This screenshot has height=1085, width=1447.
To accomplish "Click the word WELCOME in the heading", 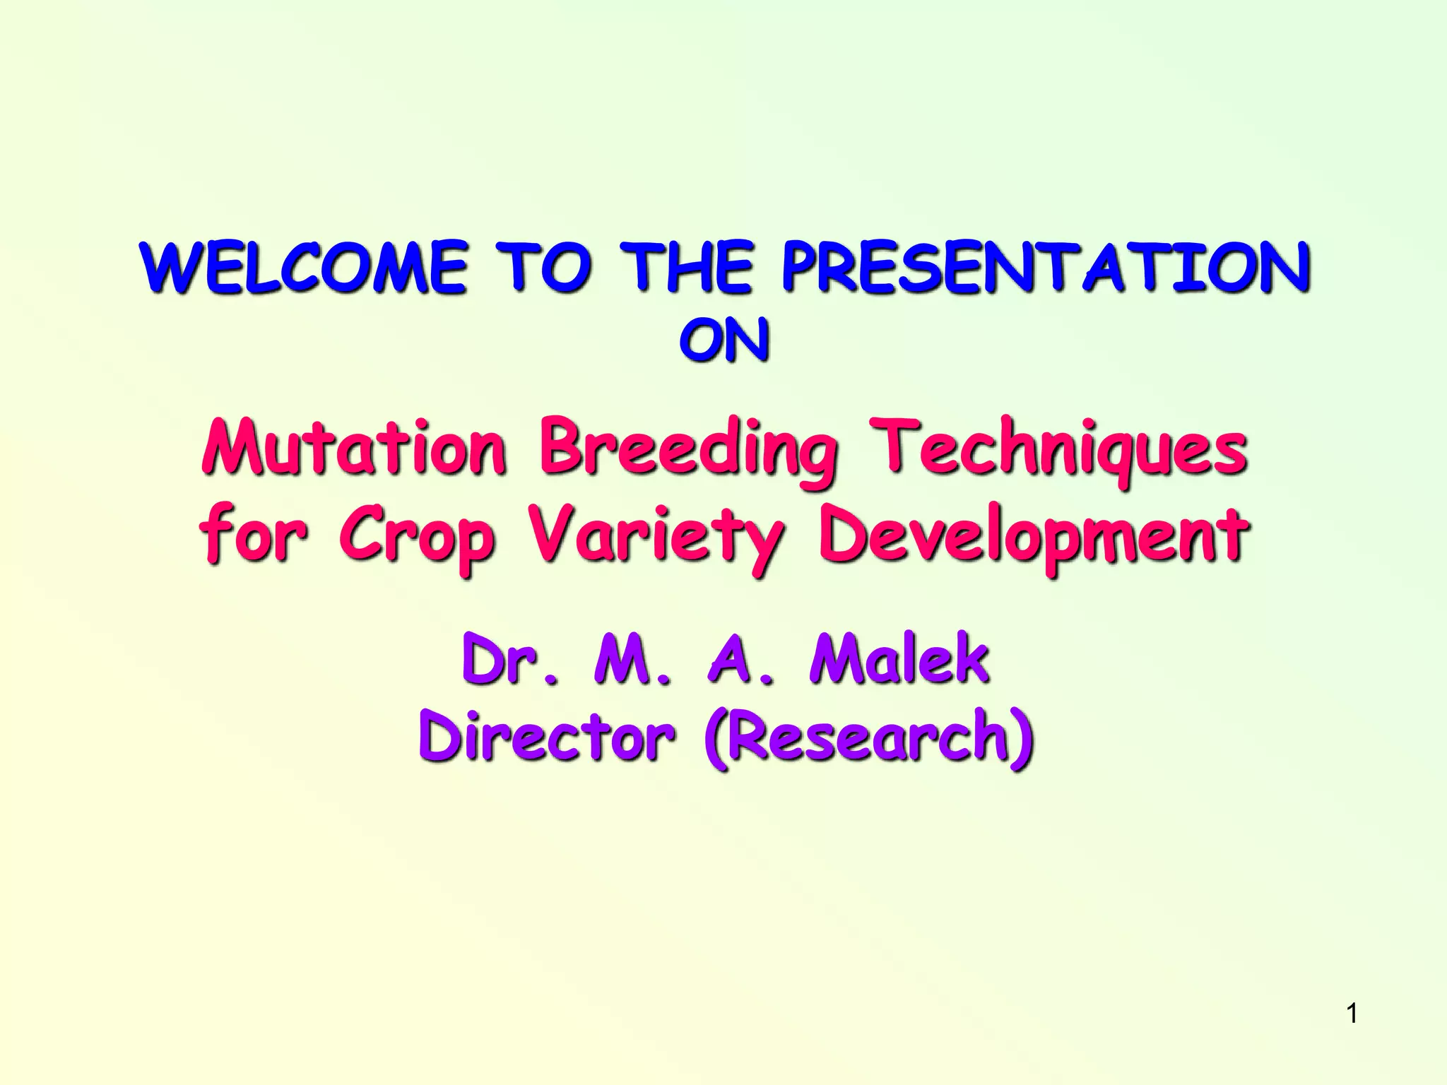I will click(304, 268).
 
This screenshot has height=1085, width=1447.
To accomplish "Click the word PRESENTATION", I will click(1046, 268).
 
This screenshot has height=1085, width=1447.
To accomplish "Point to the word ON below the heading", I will click(724, 342).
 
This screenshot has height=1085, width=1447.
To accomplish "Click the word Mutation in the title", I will click(353, 449).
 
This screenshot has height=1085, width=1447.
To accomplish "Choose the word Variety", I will click(657, 537).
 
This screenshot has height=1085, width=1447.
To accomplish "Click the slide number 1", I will click(1352, 1014).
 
